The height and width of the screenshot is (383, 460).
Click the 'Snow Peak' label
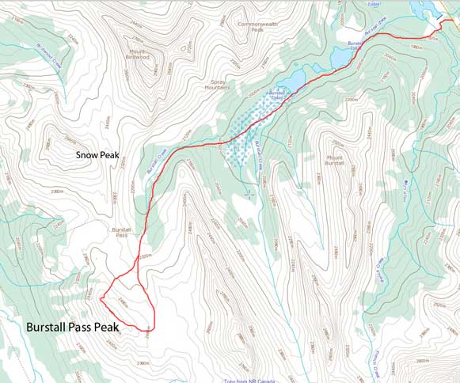click(x=97, y=156)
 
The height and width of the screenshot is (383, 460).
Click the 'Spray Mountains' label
click(x=221, y=84)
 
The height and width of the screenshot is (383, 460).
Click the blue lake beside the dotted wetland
click(x=290, y=82)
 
